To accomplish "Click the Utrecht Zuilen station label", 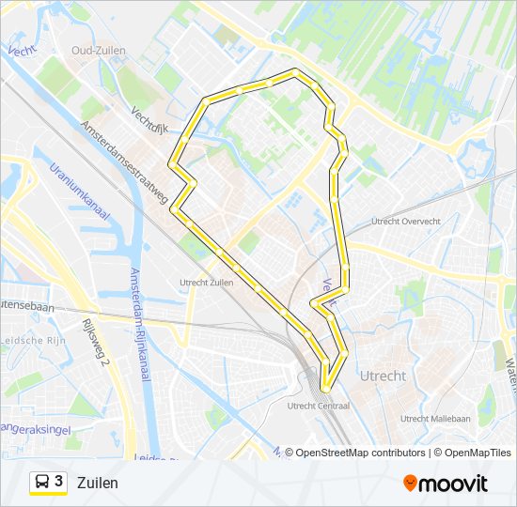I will [206, 281].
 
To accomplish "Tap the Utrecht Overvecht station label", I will [405, 222].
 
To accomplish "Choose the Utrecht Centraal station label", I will [318, 406].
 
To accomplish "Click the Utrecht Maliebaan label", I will [435, 419].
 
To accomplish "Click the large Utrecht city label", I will [383, 376].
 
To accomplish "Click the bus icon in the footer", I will [41, 483].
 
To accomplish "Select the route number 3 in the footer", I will [59, 482].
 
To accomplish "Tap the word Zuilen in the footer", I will [98, 483].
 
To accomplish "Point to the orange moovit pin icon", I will [410, 483].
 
